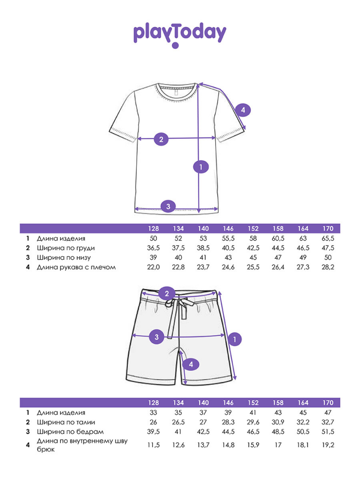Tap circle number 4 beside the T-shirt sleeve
point(242,111)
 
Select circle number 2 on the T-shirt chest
point(161,139)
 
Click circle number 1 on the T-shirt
point(201,167)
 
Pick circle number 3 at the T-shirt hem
point(168,206)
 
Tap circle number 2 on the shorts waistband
point(166,294)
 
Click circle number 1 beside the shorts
point(234,339)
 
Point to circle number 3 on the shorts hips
point(157,336)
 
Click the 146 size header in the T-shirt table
point(228,229)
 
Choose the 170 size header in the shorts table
point(328,403)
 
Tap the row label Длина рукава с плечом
point(76,267)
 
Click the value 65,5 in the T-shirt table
point(328,239)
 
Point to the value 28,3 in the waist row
point(228,422)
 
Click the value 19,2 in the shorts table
point(328,445)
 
